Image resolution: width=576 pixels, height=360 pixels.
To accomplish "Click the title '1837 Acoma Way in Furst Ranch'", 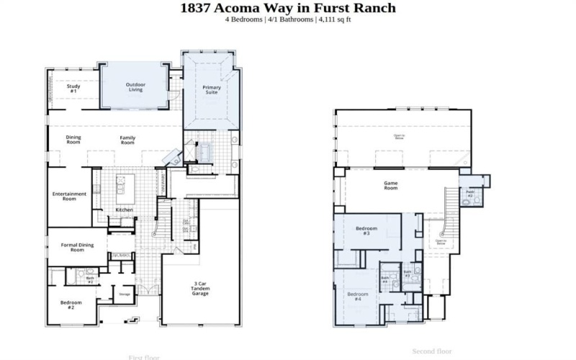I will [287, 8].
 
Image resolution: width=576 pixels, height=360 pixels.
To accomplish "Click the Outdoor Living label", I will [135, 86].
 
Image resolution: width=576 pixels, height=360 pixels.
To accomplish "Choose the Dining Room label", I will [73, 140].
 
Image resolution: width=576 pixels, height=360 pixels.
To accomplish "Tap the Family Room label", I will [127, 140].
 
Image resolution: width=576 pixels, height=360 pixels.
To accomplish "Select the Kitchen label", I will [125, 210].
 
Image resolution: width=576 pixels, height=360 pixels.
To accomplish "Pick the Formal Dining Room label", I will [77, 248].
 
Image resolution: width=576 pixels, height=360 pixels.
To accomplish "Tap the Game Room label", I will [391, 185].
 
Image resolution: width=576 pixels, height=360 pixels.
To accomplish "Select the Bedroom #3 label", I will [362, 231].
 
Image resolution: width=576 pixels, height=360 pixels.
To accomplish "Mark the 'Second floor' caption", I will [431, 351].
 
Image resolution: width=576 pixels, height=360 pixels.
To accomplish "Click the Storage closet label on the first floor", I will [125, 294].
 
